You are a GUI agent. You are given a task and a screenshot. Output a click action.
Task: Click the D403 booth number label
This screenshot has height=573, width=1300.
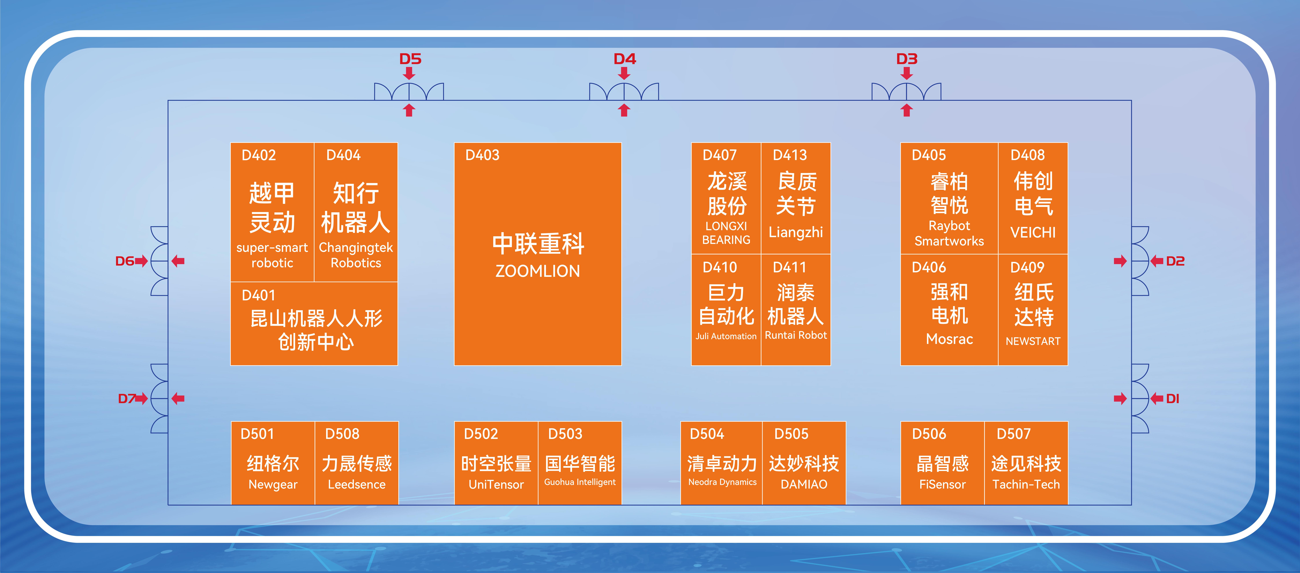point(482,155)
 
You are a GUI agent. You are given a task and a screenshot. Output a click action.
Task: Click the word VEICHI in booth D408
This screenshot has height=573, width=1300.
point(1033,233)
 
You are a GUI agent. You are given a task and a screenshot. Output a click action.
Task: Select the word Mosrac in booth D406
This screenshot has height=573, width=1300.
point(949,339)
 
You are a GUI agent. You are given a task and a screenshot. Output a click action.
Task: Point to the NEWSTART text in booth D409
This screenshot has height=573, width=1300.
point(1033,341)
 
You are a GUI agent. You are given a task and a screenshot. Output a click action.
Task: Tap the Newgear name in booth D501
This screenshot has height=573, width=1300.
point(273,485)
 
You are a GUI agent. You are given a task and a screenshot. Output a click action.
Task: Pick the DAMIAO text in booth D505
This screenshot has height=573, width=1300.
point(804,484)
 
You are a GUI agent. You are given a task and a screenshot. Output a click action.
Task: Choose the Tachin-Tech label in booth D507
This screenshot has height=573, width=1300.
point(1026,484)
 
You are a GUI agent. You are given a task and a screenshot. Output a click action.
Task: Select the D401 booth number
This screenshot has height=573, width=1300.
point(258,295)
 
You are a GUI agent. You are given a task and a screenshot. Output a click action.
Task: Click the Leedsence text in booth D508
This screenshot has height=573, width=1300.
point(357,484)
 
